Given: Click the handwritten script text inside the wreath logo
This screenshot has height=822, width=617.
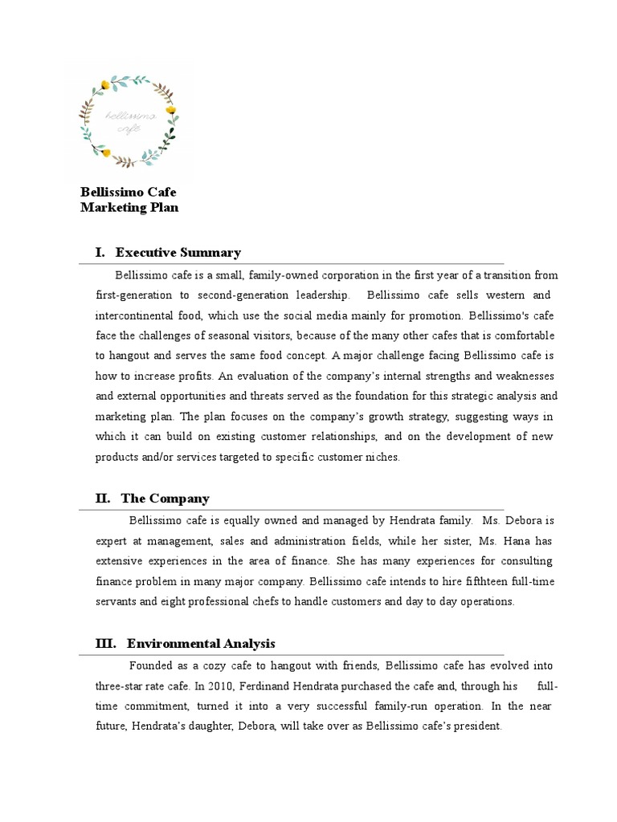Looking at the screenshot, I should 129,121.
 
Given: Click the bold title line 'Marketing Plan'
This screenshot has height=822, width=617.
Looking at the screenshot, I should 129,208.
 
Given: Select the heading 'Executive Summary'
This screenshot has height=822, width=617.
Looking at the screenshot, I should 178,253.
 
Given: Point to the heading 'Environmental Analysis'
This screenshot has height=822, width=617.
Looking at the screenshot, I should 201,644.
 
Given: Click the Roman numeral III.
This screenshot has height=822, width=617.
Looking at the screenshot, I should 105,644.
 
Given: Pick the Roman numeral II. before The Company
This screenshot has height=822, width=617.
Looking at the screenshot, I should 103,498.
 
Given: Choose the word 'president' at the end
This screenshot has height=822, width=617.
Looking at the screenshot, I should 476,726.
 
